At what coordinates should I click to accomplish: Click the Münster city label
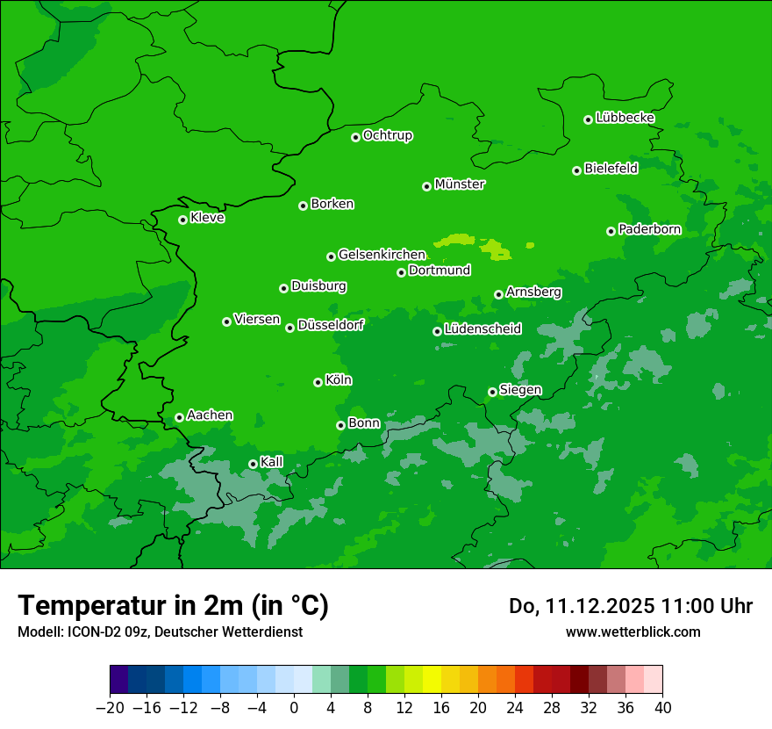coord(460,184)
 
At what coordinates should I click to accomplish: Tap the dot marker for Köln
coord(318,382)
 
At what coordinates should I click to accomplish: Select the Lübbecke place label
coord(625,118)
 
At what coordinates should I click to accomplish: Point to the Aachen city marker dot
coord(179,417)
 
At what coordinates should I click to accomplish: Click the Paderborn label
coord(649,229)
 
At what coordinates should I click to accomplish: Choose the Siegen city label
coord(520,390)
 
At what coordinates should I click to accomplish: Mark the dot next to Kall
coord(253,464)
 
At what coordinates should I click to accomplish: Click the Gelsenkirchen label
coord(382,255)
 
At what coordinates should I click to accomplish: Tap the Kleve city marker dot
coord(182,220)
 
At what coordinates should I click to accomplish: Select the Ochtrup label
coord(387,135)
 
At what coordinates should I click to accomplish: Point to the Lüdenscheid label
coord(482,329)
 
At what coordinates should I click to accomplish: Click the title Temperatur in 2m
coord(173,605)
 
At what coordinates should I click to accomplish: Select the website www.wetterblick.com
coord(633,632)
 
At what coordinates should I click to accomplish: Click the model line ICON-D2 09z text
coord(160,632)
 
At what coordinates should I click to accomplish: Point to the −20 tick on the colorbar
coord(110,707)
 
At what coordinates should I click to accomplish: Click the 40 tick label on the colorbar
coord(662,707)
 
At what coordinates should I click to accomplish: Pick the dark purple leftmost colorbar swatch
coord(119,679)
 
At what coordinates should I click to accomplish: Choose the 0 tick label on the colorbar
coord(294,707)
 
